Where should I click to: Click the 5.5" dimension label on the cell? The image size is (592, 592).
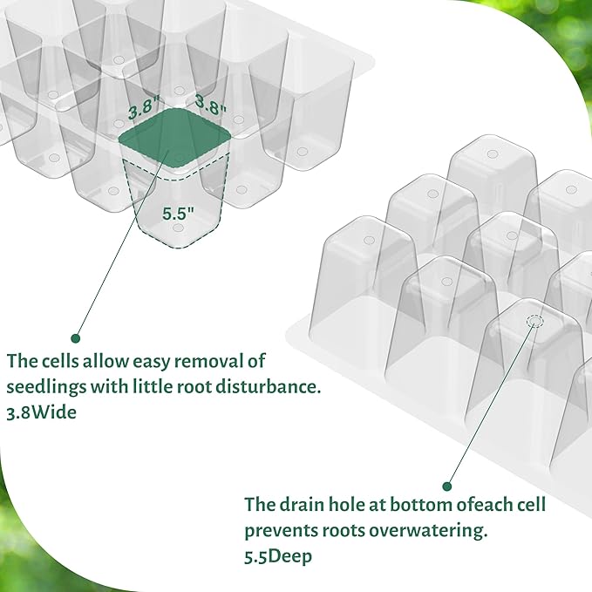click(x=177, y=211)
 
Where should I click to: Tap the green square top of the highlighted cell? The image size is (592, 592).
click(x=175, y=139)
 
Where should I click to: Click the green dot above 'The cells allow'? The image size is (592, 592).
click(x=75, y=337)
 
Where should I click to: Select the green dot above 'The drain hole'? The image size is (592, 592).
click(x=447, y=487)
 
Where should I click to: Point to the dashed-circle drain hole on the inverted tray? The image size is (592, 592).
click(x=534, y=322)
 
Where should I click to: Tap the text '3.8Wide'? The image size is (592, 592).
click(x=41, y=413)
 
